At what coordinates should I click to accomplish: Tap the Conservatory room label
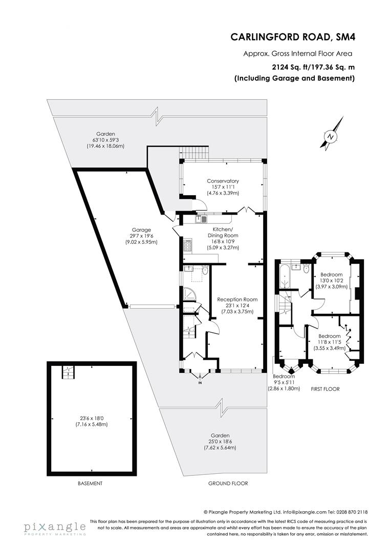[x=223, y=181]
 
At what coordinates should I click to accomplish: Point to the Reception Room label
[x=237, y=299]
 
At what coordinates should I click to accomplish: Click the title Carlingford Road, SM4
[x=293, y=36]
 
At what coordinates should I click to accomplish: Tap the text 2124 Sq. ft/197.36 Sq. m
[x=313, y=66]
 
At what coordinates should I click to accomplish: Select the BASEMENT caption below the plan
[x=90, y=483]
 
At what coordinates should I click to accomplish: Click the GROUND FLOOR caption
[x=228, y=483]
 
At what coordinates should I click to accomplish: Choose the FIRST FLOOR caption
[x=325, y=389]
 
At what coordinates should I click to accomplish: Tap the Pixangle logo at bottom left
[x=54, y=527]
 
